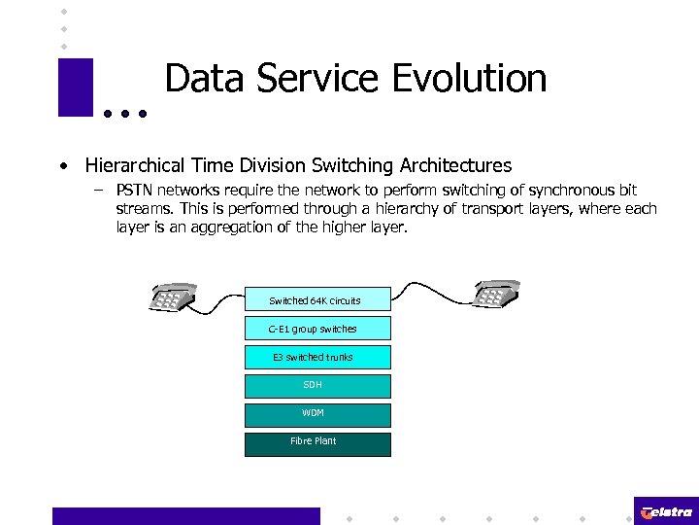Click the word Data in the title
point(200,79)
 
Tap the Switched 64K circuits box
point(316,299)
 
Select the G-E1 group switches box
point(316,329)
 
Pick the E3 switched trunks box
point(316,357)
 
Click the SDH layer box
point(316,385)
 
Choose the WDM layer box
point(316,413)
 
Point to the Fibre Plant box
point(316,442)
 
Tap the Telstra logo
point(666,511)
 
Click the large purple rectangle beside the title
point(76,87)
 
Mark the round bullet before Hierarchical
point(63,166)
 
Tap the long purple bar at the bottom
point(185,515)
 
